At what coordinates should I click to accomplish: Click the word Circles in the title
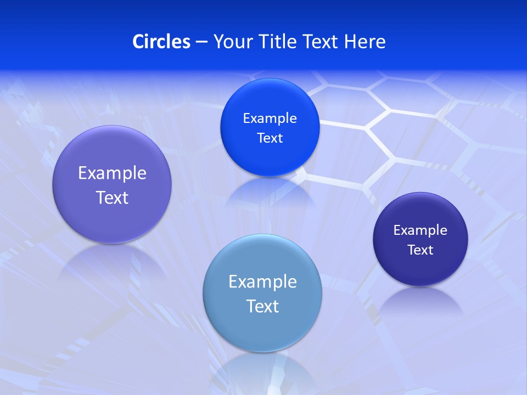pos(161,42)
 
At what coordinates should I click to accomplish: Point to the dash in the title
pos(201,42)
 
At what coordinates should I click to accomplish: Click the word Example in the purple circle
pos(112,173)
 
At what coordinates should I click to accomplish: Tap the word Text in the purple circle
pos(112,198)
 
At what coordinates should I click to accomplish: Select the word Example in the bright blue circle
pos(270,119)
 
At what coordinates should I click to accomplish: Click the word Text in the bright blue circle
pos(270,138)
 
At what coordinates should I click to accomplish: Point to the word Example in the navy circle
pos(421,230)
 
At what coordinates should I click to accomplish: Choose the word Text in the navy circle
pos(421,250)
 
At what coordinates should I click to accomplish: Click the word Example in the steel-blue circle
pos(262,282)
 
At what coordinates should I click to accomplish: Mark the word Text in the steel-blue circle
pos(262,306)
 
